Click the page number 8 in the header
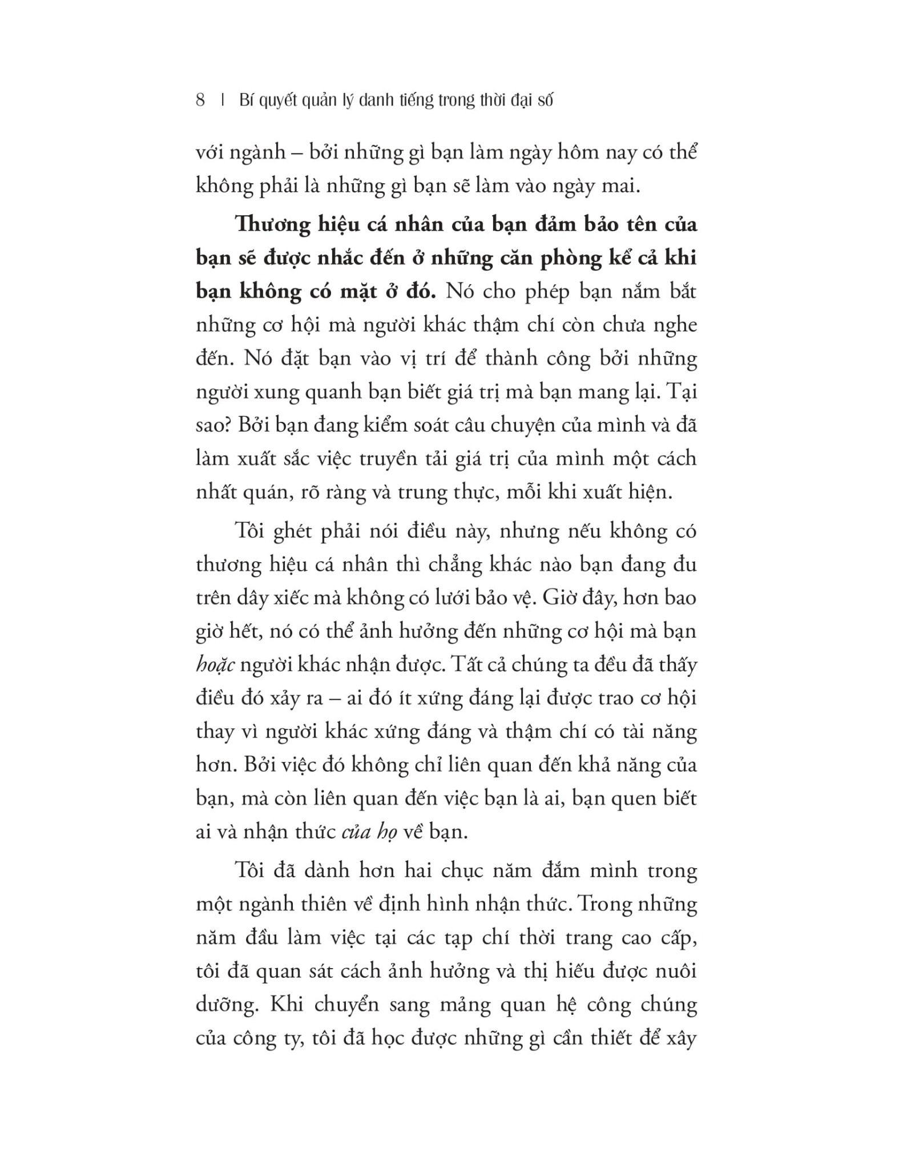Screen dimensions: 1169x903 [200, 100]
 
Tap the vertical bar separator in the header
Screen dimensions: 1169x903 [222, 100]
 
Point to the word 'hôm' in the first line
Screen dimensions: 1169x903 [543, 153]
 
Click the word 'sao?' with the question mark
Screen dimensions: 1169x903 [213, 426]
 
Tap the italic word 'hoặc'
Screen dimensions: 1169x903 [215, 666]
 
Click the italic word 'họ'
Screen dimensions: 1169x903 [386, 832]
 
